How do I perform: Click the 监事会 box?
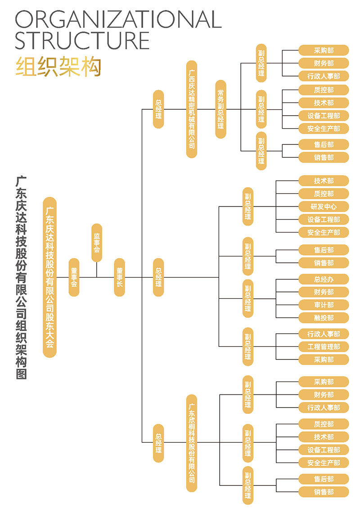pyautogui.click(x=96, y=242)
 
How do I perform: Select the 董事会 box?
pyautogui.click(x=74, y=277)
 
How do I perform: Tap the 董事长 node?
pyautogui.click(x=119, y=277)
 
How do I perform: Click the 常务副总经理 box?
pyautogui.click(x=220, y=109)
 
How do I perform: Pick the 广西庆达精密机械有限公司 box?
pyautogui.click(x=192, y=109)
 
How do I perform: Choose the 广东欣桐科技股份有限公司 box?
pyautogui.click(x=192, y=443)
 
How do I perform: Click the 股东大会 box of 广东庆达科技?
pyautogui.click(x=49, y=277)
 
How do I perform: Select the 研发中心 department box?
pyautogui.click(x=324, y=206)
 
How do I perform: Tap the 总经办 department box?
pyautogui.click(x=324, y=279)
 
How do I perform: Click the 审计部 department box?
pyautogui.click(x=324, y=305)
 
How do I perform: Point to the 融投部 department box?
pyautogui.click(x=324, y=318)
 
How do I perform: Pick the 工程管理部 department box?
pyautogui.click(x=324, y=346)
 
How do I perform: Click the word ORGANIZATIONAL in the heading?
pyautogui.click(x=118, y=19)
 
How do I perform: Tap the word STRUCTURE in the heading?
pyautogui.click(x=82, y=40)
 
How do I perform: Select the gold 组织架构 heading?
pyautogui.click(x=58, y=67)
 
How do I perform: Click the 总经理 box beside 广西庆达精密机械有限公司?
pyautogui.click(x=158, y=109)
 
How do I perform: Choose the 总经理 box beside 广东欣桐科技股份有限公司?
pyautogui.click(x=158, y=443)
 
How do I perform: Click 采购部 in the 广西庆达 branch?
pyautogui.click(x=324, y=50)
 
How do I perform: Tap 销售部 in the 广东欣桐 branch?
pyautogui.click(x=324, y=492)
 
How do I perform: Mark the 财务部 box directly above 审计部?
pyautogui.click(x=324, y=292)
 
